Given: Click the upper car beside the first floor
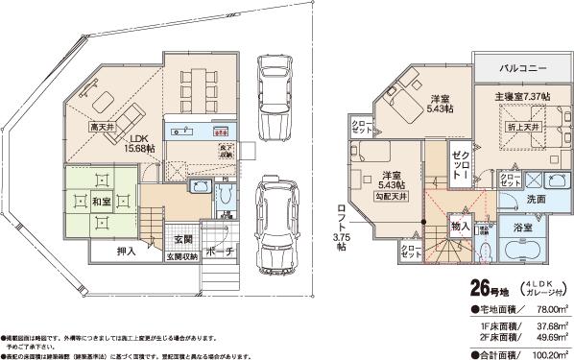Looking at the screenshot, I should pyautogui.click(x=275, y=81).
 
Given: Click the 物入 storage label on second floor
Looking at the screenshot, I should pyautogui.click(x=459, y=227).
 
